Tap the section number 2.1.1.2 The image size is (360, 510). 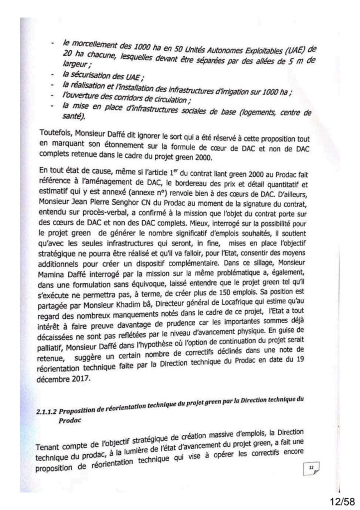pos(49,411)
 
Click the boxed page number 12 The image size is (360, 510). pos(311,467)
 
